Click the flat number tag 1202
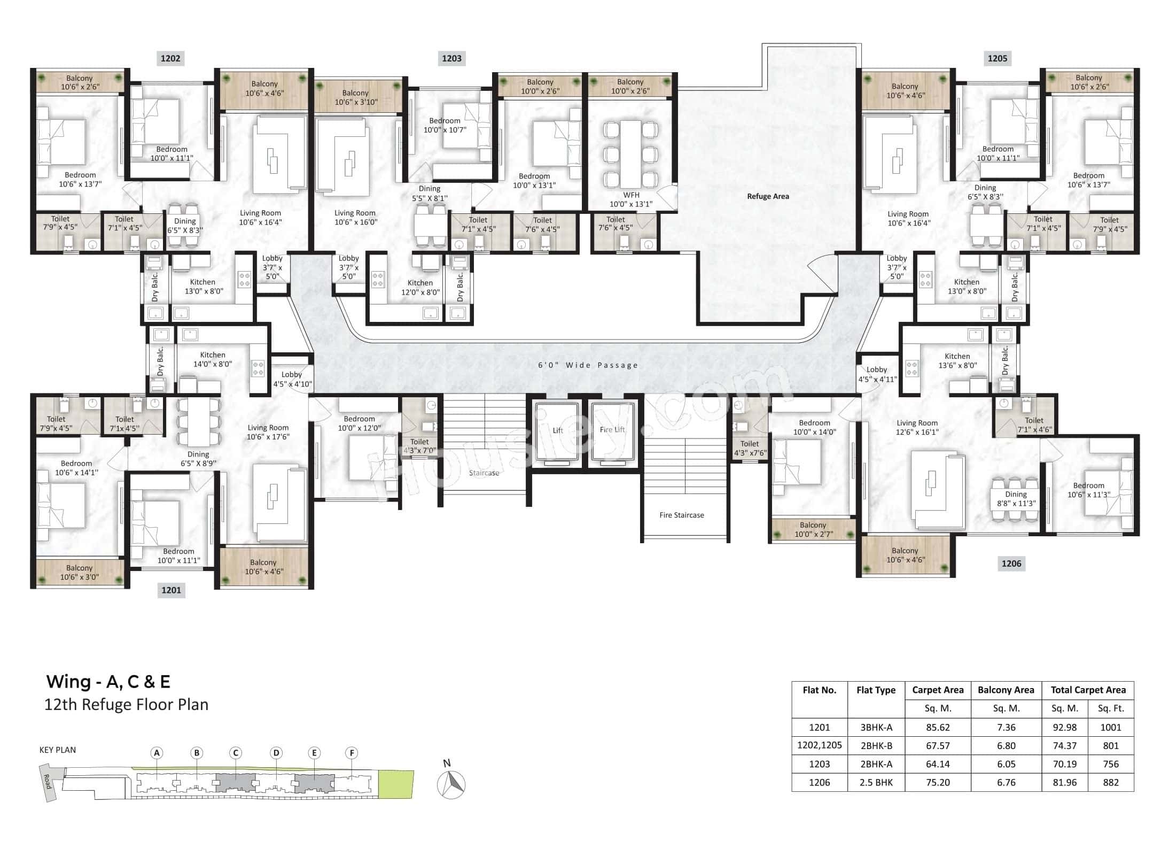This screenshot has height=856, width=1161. [170, 58]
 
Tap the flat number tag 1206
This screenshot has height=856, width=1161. [1011, 563]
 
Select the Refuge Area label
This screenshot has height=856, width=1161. [768, 196]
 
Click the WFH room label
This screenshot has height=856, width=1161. [631, 199]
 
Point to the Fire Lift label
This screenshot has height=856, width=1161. [612, 429]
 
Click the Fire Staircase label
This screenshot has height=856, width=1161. [681, 515]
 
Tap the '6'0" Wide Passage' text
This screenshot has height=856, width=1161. [588, 365]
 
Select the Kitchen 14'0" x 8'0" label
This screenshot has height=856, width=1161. [212, 359]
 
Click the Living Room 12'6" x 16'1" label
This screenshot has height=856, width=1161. [917, 427]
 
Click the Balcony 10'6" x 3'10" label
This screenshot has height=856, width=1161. [355, 97]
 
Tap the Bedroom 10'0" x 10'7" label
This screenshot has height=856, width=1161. [445, 125]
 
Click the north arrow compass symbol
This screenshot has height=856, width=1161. [451, 784]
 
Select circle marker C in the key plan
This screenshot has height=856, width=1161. [235, 753]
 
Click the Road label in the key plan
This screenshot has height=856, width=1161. [47, 782]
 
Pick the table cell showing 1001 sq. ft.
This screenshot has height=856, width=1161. [1110, 727]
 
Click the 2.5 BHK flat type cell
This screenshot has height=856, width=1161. [876, 782]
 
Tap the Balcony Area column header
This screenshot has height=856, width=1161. [1006, 690]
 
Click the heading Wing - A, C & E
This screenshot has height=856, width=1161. [108, 681]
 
